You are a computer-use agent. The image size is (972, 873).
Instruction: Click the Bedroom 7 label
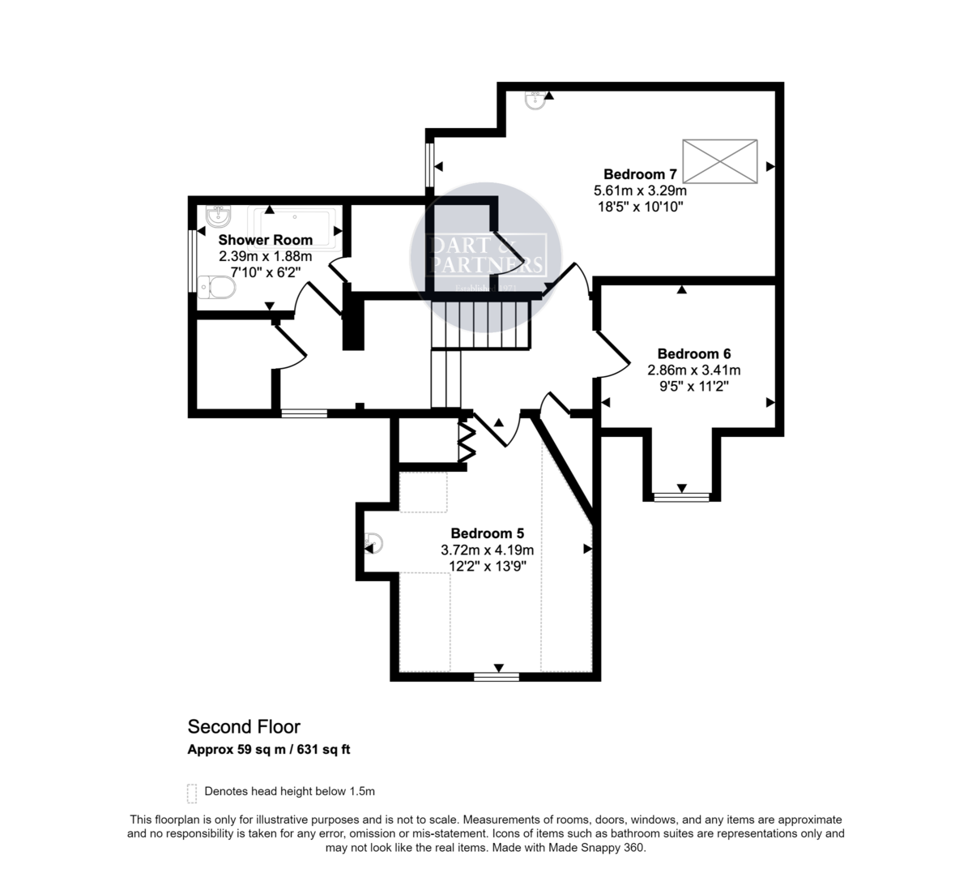coord(640,174)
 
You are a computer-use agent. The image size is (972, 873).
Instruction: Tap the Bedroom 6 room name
coord(694,353)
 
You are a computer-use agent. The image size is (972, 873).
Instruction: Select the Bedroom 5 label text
coord(487,533)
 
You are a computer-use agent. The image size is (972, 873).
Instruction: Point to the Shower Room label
coord(265,240)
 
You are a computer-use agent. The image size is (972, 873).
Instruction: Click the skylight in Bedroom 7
coord(720,160)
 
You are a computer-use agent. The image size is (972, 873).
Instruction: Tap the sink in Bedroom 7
coord(535,100)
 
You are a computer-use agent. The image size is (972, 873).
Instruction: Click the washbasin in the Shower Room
coord(218,215)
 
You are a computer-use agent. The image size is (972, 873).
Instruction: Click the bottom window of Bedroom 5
coord(497,674)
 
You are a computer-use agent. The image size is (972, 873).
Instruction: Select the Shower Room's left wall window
coord(191,260)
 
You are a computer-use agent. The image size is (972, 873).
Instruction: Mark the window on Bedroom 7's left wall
coord(429,165)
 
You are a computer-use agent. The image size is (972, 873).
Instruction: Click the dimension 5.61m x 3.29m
coord(640,190)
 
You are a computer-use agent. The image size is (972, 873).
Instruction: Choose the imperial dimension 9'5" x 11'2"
coord(694,386)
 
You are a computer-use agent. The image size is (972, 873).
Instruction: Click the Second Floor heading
coord(244,726)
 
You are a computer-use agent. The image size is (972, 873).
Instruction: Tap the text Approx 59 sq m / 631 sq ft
coord(269,749)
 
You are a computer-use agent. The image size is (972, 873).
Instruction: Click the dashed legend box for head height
coord(192,791)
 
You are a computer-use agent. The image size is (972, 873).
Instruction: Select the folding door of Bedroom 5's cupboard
coord(467,442)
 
